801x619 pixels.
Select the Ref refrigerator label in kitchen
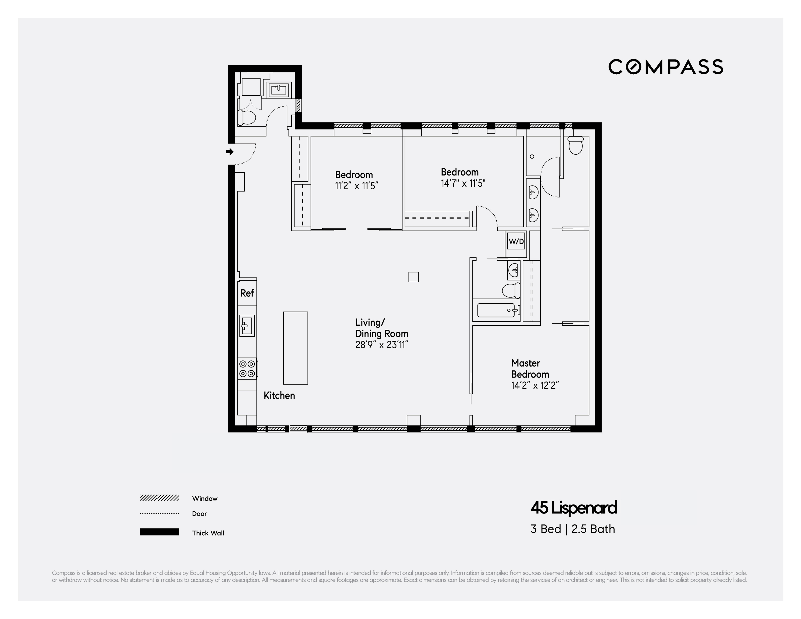click(x=247, y=293)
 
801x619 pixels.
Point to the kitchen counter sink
click(x=247, y=325)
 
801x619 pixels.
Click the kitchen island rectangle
click(x=295, y=348)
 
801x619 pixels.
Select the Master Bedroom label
click(x=530, y=368)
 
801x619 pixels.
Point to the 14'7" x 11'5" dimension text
click(x=463, y=183)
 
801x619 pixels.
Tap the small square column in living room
click(x=413, y=277)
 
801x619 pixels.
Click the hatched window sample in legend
click(x=159, y=498)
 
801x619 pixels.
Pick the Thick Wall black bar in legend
click(x=159, y=532)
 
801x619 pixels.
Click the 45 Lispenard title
click(x=573, y=508)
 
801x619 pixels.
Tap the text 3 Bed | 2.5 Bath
click(x=572, y=529)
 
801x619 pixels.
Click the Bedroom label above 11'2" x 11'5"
click(x=354, y=175)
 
